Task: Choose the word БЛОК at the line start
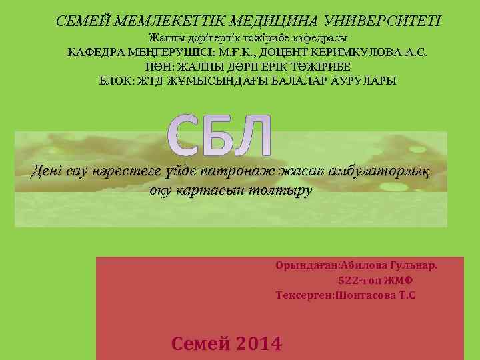coord(113,81)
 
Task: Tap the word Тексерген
coord(305,295)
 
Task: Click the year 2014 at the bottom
coord(258,343)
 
